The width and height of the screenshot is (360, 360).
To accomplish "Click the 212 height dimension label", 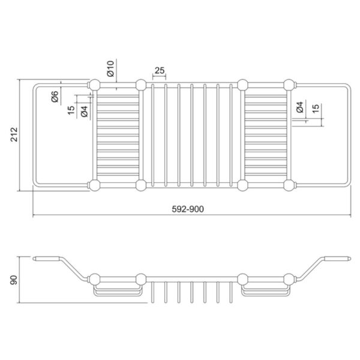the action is click(14, 134).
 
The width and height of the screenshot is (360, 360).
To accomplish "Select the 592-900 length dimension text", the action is click(188, 209).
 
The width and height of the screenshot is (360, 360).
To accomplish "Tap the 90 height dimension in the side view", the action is click(14, 280).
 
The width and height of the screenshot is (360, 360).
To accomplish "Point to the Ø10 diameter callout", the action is click(110, 68).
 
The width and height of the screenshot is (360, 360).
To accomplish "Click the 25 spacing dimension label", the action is click(160, 70).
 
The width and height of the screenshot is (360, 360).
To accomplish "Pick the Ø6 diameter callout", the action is click(55, 97).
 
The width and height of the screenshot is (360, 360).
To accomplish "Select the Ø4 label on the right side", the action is click(300, 107).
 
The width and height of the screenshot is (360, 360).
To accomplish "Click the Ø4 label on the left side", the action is click(84, 112).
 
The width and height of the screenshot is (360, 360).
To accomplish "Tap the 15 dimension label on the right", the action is click(316, 109).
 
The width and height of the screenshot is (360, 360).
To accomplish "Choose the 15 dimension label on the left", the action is click(71, 110).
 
